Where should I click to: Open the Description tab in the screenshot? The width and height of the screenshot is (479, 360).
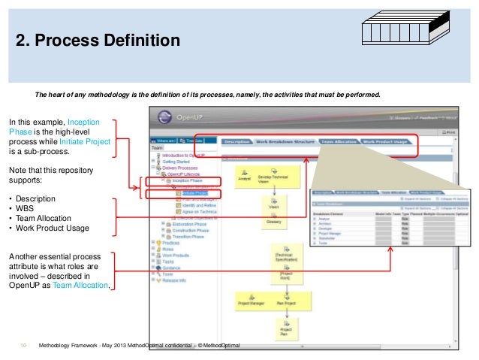[x=236, y=141]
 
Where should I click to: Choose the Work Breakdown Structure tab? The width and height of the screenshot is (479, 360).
[x=286, y=141]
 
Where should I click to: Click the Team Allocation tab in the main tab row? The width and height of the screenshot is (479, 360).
[x=338, y=141]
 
